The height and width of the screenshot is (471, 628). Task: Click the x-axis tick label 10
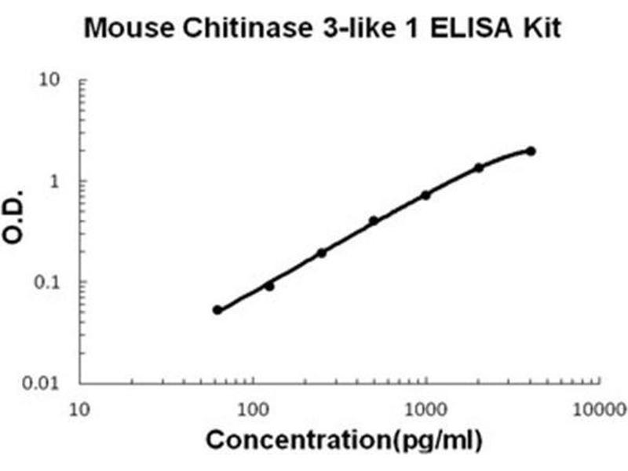pos(79,409)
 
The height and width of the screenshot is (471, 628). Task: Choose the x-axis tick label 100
pos(253,409)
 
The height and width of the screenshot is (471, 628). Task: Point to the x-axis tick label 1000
pos(425,409)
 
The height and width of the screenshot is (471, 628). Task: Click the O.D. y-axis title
pos(19,221)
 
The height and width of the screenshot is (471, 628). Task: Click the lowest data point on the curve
pos(217,310)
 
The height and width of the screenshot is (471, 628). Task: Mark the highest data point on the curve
pos(531,151)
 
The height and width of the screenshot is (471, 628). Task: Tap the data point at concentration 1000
pos(426,195)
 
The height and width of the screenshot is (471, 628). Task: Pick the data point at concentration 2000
pos(479,167)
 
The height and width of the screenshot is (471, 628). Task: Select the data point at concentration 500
pos(374,221)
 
